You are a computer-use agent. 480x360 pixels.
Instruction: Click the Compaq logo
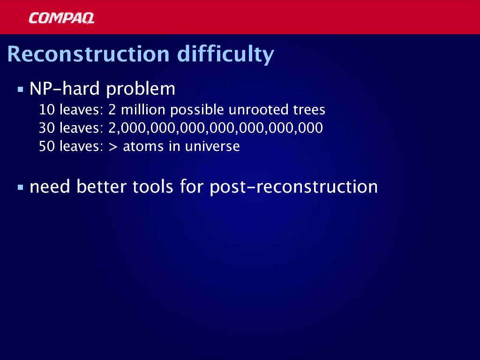point(61,18)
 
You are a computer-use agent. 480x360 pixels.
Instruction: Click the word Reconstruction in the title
point(89,54)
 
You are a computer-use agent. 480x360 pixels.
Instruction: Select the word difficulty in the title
point(225,55)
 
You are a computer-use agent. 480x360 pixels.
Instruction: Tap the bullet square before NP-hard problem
point(21,90)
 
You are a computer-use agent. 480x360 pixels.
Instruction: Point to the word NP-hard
point(65,89)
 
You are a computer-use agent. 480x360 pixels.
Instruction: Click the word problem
point(141,90)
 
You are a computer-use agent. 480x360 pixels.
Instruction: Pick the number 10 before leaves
point(47,110)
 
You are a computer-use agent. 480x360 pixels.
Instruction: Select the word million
point(143,109)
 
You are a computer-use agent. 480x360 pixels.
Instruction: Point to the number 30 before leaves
point(47,128)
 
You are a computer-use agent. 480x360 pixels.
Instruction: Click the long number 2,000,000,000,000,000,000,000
point(216,128)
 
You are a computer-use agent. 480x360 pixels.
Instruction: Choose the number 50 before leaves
point(47,146)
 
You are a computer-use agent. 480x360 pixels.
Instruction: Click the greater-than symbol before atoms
point(113,147)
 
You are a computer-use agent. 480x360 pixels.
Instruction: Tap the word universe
point(212,146)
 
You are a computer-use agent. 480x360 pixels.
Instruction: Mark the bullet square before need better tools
point(21,187)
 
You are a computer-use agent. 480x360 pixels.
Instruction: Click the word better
point(101,186)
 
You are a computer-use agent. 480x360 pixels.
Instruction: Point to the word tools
point(153,186)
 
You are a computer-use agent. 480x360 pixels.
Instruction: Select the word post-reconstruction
point(294,187)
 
